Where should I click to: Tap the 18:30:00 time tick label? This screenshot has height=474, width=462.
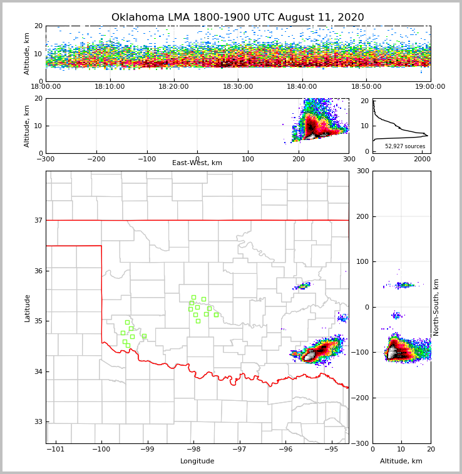pos(238,87)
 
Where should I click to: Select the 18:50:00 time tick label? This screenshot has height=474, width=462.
pos(366,87)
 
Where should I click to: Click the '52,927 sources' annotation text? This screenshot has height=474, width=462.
pos(405,146)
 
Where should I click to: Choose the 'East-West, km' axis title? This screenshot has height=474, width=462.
pos(197,163)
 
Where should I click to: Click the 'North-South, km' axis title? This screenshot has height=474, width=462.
pos(436,307)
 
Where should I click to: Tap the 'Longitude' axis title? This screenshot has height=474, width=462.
pos(197,461)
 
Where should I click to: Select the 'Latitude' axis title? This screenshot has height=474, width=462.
pos(27,308)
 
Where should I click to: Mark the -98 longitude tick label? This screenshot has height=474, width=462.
pos(193,450)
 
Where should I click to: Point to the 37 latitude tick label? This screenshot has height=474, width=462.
pos(38,220)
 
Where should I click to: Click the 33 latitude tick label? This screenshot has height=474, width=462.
pos(38,422)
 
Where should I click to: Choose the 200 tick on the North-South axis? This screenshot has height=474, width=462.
pos(361,216)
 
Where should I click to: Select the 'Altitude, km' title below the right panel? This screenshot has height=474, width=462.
pos(401,461)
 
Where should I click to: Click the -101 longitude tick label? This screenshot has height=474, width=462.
pos(56,450)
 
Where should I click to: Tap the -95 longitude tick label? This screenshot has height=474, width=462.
pos(331,450)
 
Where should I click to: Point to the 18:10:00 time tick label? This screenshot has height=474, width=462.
pos(110,87)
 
